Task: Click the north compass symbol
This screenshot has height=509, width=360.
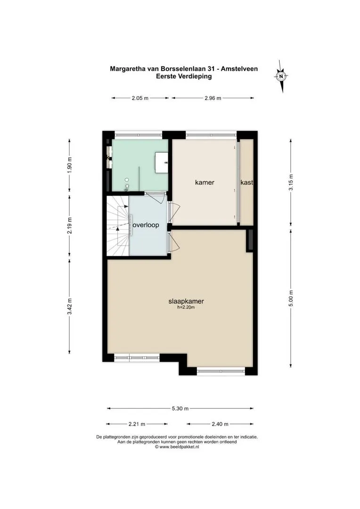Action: (x=281, y=76)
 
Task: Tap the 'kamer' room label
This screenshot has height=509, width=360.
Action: (x=205, y=182)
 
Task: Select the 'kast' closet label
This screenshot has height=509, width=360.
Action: (x=246, y=182)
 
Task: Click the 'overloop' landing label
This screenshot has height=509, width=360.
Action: (x=146, y=225)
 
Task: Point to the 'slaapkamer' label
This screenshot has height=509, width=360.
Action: (x=186, y=301)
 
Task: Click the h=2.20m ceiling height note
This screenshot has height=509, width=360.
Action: (x=186, y=307)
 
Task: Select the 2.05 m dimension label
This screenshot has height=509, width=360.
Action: (x=140, y=98)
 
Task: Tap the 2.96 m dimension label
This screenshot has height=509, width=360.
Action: (x=213, y=98)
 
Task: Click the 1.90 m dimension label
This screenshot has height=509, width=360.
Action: (x=69, y=164)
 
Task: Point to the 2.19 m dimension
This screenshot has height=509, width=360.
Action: (x=69, y=225)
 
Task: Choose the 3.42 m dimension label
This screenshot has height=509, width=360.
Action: (x=69, y=306)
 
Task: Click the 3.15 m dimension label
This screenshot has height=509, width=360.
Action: (x=291, y=182)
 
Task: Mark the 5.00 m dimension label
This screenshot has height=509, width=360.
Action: (x=291, y=298)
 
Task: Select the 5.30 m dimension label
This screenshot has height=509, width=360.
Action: (x=180, y=408)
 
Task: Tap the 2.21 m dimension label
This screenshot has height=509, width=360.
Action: (x=137, y=424)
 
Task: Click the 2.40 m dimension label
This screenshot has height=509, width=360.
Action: (x=220, y=424)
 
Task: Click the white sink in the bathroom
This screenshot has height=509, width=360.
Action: (x=161, y=162)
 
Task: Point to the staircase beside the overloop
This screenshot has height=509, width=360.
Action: (x=118, y=226)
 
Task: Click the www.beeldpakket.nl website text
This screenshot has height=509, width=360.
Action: (x=177, y=447)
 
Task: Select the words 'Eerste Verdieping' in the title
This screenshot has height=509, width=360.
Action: (x=184, y=77)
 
